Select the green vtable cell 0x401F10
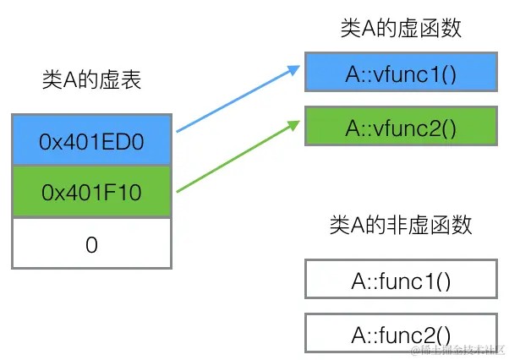click(x=91, y=193)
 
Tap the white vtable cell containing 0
click(x=91, y=244)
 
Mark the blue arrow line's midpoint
click(x=237, y=97)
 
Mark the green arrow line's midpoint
click(x=237, y=155)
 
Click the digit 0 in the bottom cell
click(x=91, y=244)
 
